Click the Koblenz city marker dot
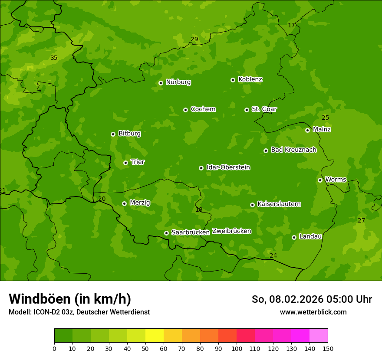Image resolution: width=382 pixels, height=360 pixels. [233, 80]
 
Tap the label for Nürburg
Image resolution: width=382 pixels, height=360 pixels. [178, 82]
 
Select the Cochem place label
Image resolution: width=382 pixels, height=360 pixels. [203, 109]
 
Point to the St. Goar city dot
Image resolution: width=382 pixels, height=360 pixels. [247, 110]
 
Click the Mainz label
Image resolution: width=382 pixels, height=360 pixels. [322, 129]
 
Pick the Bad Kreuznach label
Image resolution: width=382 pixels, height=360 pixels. [293, 150]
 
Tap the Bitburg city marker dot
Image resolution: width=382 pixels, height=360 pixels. [113, 134]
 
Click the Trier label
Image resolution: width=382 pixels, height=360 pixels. [138, 162]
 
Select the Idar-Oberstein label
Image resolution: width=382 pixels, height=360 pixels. [228, 167]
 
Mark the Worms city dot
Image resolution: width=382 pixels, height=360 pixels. [320, 180]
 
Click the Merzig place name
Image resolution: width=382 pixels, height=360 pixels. [140, 203]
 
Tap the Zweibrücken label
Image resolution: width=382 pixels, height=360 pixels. [231, 231]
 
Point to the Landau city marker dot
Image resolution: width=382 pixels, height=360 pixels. [294, 237]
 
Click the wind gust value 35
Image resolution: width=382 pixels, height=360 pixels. [54, 58]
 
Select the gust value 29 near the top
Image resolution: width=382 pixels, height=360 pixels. [194, 39]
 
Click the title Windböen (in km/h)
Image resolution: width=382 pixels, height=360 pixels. [69, 299]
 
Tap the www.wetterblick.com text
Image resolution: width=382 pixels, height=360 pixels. [313, 312]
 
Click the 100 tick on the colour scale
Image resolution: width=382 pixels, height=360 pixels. [237, 348]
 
